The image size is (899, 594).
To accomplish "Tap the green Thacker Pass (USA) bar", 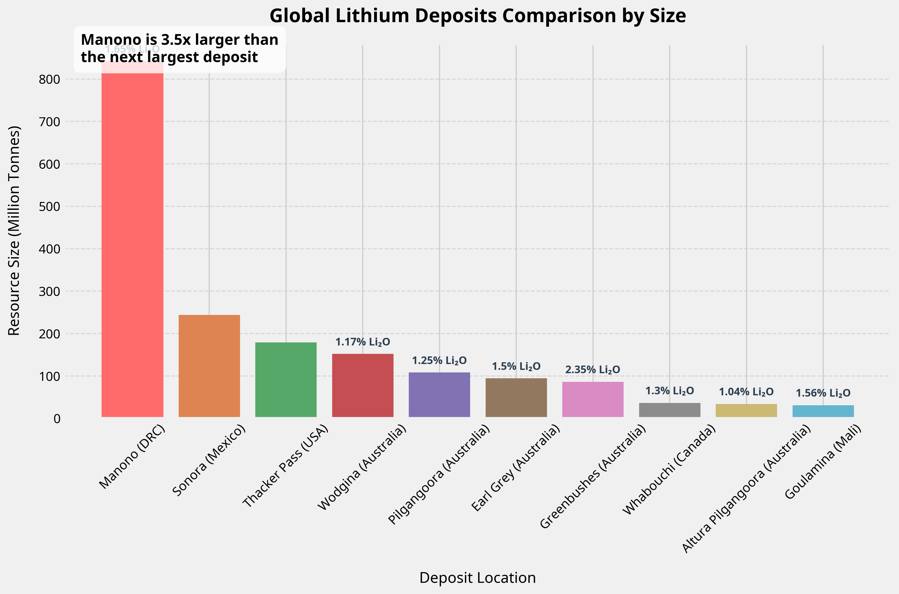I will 286,380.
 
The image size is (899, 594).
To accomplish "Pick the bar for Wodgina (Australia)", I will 363,385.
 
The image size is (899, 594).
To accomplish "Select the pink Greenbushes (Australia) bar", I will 593,399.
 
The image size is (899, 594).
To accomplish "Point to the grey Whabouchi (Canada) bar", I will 670,410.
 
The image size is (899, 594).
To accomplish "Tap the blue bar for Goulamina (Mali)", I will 823,411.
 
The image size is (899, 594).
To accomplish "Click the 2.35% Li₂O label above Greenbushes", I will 593,370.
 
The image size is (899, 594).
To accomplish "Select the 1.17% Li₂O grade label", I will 363,342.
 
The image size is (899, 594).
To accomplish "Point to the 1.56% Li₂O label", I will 823,393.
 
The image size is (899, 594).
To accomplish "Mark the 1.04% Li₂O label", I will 746,392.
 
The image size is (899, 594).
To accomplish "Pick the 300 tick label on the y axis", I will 49,291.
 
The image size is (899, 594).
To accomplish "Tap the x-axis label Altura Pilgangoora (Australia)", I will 746,489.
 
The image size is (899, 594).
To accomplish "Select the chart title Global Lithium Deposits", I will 477,16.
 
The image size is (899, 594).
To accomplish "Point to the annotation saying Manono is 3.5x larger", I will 180,49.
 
